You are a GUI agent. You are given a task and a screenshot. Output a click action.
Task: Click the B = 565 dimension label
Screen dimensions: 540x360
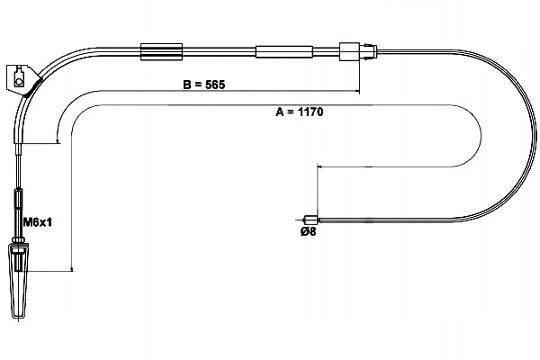point(204,85)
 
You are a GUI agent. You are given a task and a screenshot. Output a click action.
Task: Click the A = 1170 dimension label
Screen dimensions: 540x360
point(300,112)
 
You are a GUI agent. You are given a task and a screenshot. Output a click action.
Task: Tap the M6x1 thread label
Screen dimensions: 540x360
point(37,222)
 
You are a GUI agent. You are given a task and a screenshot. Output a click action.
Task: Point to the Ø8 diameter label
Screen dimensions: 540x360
point(308,231)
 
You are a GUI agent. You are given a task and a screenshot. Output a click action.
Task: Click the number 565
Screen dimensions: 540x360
point(215,85)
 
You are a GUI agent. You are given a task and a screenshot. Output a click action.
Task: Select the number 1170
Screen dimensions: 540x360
point(310,112)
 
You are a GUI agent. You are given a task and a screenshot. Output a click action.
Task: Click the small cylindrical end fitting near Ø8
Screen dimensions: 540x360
point(310,220)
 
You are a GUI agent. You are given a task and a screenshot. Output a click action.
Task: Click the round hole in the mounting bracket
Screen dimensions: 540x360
point(18,82)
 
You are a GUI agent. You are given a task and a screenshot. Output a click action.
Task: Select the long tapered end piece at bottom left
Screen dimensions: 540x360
point(19,282)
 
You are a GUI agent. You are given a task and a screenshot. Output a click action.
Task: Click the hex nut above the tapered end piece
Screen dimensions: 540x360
point(18,239)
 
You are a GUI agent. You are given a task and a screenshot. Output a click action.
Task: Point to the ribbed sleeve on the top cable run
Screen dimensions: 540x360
point(161,51)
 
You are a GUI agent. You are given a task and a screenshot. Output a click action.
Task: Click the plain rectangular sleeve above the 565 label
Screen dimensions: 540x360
point(284,51)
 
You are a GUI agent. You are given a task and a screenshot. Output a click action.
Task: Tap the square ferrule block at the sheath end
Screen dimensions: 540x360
point(349,51)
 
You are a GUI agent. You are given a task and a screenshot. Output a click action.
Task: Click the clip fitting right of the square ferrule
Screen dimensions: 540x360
point(368,51)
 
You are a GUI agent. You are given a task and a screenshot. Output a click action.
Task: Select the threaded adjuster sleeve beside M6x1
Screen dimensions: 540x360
point(18,199)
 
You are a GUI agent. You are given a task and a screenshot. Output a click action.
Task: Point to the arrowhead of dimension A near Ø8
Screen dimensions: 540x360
point(319,166)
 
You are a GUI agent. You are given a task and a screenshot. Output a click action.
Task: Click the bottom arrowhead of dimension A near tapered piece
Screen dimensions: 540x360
point(72,269)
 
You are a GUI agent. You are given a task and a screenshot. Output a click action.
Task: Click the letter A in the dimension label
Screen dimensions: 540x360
point(280,112)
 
